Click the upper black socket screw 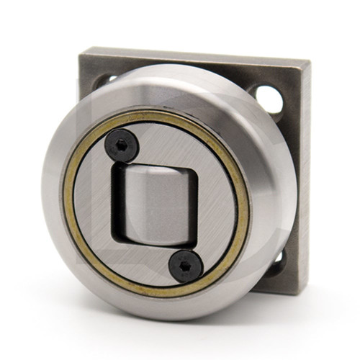coord(122,146)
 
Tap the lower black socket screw coord(185,266)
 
